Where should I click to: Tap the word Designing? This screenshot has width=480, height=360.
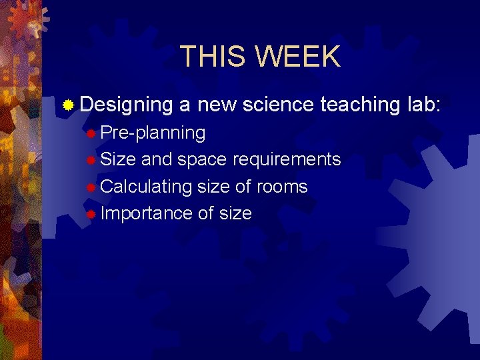point(126,105)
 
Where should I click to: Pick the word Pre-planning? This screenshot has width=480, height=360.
point(153,133)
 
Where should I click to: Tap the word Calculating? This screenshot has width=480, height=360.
point(146,187)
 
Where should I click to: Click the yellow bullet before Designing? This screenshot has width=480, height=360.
point(68,105)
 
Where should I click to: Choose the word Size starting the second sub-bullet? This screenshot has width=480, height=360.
point(118,160)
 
